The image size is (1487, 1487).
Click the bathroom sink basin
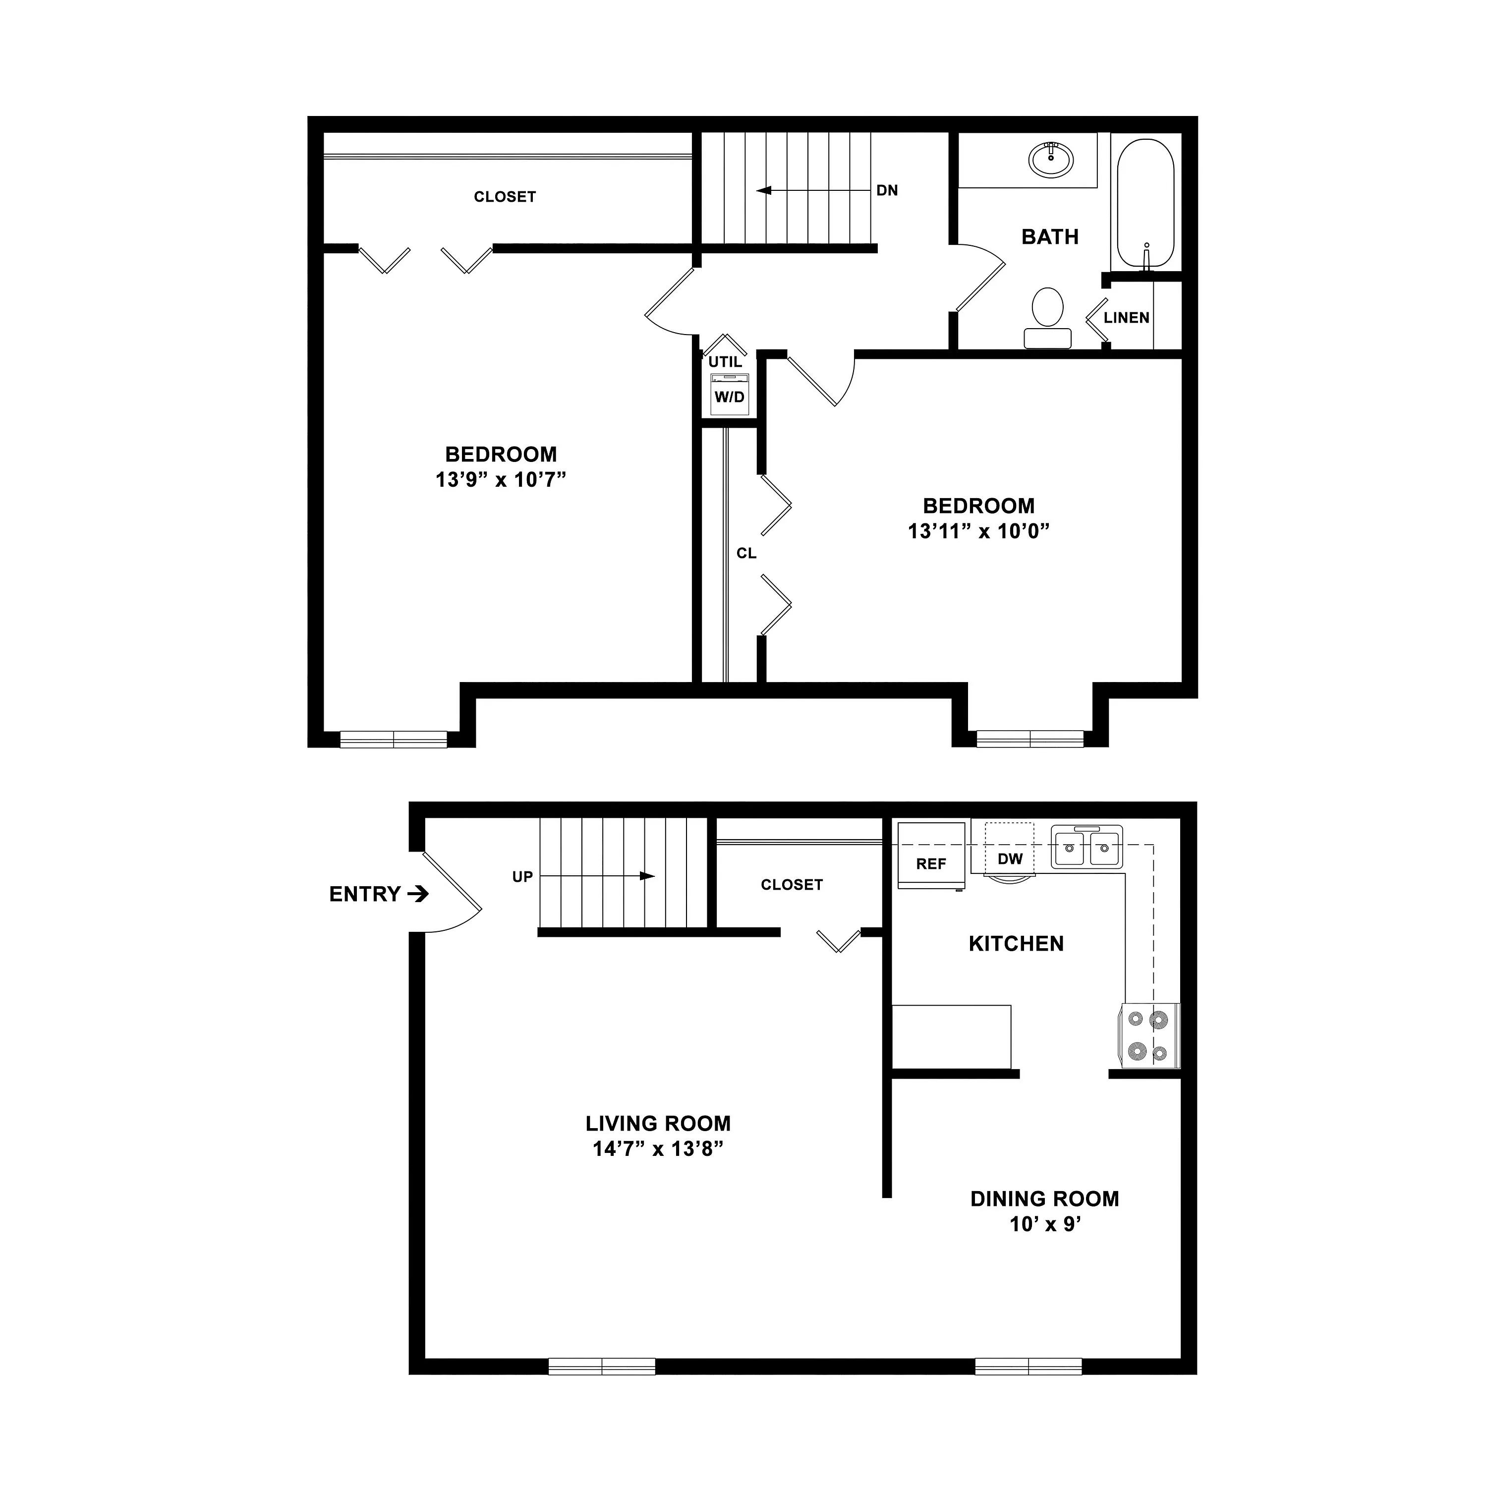1051,159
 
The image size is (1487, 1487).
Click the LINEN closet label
1126,317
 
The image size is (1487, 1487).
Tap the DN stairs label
887,190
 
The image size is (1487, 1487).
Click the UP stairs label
522,877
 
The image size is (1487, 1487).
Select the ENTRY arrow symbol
418,894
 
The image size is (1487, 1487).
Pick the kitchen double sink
1087,847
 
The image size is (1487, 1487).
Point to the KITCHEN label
1016,944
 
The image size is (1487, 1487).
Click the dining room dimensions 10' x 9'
1045,1224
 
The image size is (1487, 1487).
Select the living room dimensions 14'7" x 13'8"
658,1149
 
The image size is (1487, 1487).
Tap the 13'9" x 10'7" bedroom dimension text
501,479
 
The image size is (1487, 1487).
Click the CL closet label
746,553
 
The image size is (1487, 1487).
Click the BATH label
1050,237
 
